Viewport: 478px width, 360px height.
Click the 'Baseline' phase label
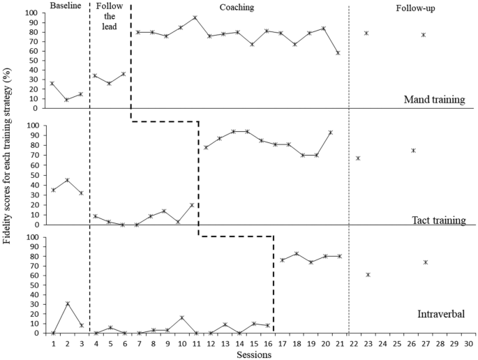coord(66,6)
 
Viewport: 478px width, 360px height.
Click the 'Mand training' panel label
coord(434,100)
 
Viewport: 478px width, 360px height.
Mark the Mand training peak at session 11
coord(195,17)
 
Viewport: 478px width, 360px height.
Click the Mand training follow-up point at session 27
coord(424,35)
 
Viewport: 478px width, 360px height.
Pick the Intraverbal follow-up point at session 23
coord(368,275)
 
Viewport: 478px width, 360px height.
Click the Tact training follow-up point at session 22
coord(358,158)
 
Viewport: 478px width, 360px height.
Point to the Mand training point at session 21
coord(338,53)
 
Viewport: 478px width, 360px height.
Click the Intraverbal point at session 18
coord(297,254)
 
